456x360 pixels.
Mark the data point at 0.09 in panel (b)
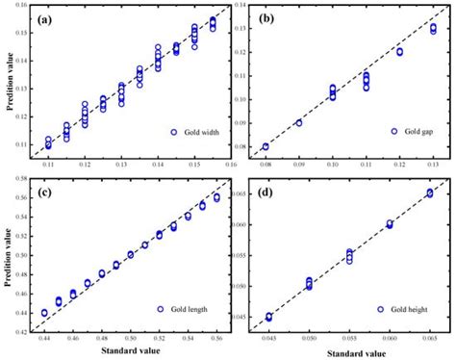[x=299, y=123]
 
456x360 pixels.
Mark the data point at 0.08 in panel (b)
[x=266, y=146]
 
